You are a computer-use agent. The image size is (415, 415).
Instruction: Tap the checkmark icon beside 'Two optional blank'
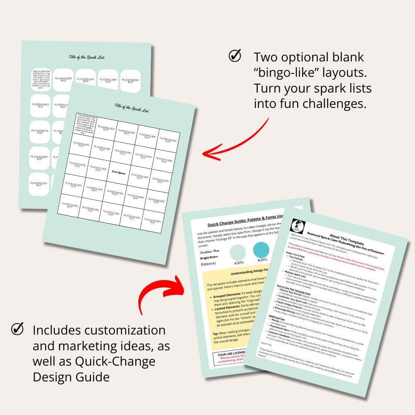coord(235,56)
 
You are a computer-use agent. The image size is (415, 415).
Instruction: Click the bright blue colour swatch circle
coord(261,250)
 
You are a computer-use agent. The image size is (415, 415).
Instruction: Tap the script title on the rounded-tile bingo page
coord(86,57)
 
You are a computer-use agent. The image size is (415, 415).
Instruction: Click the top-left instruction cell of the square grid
coord(85,122)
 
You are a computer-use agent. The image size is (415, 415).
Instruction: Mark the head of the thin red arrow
coord(204,154)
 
